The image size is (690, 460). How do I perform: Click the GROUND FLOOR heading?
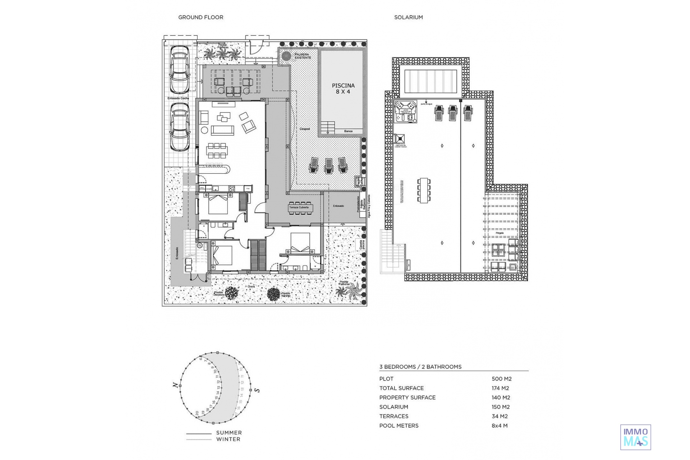[201, 17]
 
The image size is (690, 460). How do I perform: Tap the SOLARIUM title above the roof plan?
[408, 17]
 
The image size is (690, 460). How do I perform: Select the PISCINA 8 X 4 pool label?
[343, 88]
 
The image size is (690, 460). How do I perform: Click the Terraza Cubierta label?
[299, 207]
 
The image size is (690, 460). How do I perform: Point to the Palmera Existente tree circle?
[286, 56]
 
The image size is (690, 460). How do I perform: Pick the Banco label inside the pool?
[348, 131]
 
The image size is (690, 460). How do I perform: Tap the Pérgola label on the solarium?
[500, 233]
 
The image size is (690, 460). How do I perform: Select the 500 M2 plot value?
[501, 379]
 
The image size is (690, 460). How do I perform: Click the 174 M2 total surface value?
[501, 388]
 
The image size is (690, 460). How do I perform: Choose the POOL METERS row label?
[399, 425]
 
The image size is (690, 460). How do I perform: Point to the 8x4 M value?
[500, 425]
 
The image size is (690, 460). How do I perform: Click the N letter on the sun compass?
[175, 385]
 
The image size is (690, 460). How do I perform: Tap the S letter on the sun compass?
[257, 390]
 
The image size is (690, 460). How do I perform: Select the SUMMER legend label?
[229, 433]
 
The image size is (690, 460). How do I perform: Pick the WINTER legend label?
[228, 439]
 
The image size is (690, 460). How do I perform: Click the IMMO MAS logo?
[635, 437]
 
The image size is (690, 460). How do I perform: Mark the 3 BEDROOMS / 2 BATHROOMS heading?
[420, 367]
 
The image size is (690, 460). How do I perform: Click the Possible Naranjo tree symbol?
[273, 294]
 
